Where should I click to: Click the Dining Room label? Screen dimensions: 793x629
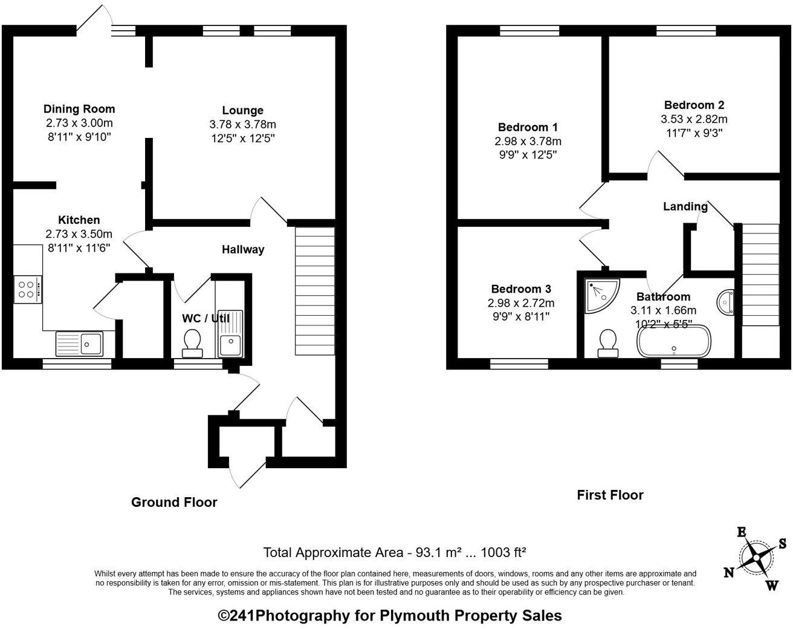tap(79, 109)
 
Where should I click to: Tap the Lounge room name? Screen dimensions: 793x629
tap(242, 111)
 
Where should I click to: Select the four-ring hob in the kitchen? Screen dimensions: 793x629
tap(28, 289)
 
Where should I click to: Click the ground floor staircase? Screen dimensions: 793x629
tap(314, 290)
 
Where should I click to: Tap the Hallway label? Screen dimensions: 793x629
tap(242, 249)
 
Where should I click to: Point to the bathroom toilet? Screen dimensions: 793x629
tap(607, 344)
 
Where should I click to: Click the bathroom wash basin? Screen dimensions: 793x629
tap(726, 302)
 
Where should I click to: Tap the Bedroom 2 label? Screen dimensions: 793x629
tap(694, 105)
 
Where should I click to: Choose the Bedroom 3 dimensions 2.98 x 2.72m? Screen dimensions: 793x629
tap(520, 302)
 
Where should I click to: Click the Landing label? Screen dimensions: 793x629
tap(685, 206)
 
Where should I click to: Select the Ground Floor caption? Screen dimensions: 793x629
tap(174, 502)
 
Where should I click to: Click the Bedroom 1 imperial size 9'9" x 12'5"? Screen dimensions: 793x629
tap(527, 154)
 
